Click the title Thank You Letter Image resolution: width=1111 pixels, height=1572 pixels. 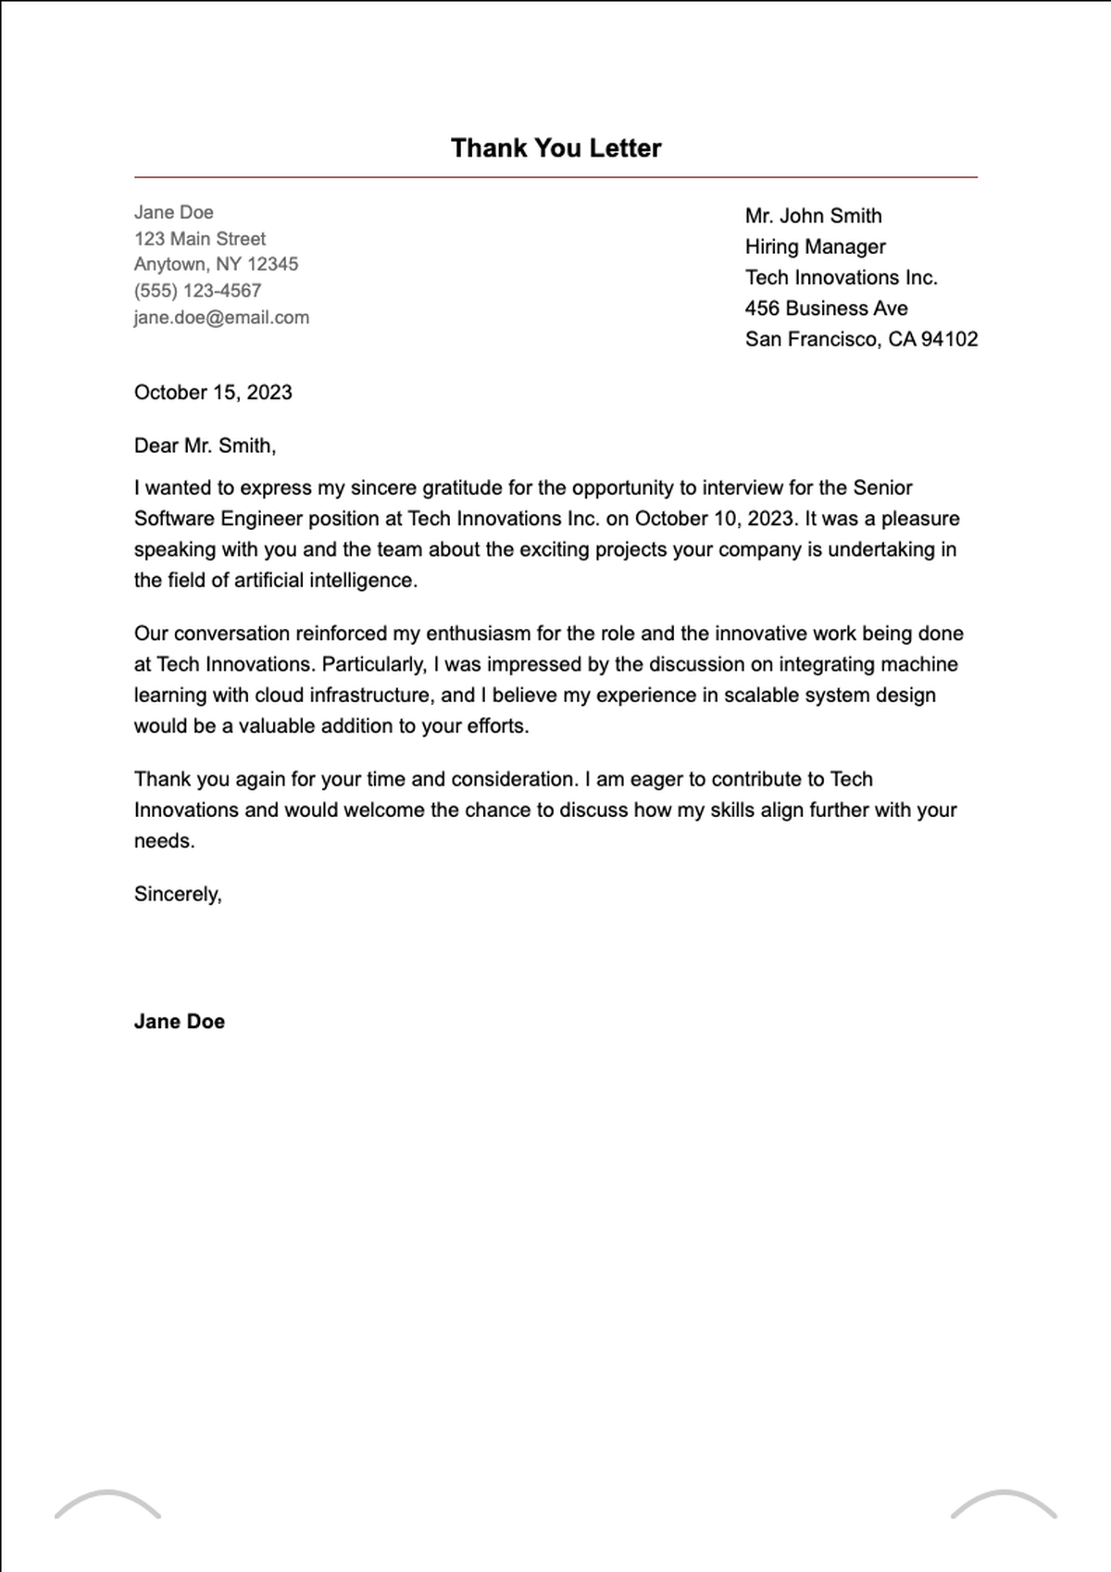point(555,148)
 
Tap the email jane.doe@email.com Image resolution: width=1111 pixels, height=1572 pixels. point(221,318)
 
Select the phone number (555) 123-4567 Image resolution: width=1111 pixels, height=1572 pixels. point(197,291)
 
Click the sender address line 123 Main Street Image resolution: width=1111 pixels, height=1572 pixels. point(199,239)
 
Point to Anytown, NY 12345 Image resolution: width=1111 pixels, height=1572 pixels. point(216,264)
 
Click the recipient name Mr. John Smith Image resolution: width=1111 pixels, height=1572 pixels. point(813,216)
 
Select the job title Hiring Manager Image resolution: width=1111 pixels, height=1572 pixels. point(815,246)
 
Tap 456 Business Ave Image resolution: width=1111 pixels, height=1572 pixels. point(826,308)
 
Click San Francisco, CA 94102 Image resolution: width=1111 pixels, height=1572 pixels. point(861,339)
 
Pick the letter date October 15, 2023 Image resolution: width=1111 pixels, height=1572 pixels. point(213,393)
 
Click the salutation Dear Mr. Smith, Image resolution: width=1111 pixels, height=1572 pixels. point(205,446)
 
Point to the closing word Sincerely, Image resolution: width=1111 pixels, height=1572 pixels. point(178,894)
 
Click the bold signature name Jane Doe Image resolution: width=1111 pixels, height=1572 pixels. point(179,1022)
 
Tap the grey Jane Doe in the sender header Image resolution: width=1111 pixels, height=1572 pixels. point(173,212)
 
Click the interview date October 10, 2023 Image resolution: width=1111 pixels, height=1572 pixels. point(715,519)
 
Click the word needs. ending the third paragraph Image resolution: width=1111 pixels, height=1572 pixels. point(164,841)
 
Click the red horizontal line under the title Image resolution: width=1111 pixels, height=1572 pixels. point(555,176)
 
